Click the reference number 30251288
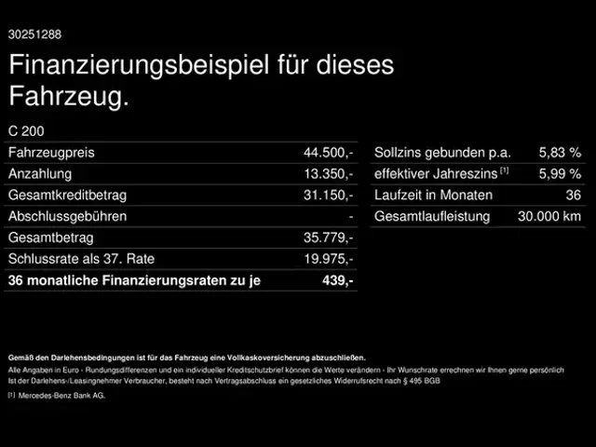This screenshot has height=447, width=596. click(x=34, y=34)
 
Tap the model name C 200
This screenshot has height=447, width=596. click(x=25, y=131)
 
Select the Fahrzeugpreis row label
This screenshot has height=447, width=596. click(x=51, y=152)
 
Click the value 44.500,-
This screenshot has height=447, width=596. click(x=328, y=152)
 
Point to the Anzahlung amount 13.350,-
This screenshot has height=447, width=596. click(x=328, y=173)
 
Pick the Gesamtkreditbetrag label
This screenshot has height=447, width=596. click(x=67, y=195)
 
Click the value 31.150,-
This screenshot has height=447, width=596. click(x=328, y=195)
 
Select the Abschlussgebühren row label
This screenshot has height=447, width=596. click(x=67, y=216)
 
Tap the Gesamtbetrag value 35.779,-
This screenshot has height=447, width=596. click(x=328, y=237)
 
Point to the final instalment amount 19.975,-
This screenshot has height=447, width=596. click(x=328, y=259)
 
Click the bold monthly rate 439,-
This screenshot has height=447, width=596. click(x=337, y=280)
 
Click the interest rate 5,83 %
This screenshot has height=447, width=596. click(x=560, y=152)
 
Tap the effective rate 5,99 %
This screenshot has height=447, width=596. click(x=560, y=173)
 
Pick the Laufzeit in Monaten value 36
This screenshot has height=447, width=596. click(x=573, y=195)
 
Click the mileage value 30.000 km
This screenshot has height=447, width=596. click(x=549, y=216)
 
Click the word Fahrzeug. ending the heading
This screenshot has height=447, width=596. click(x=68, y=96)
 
